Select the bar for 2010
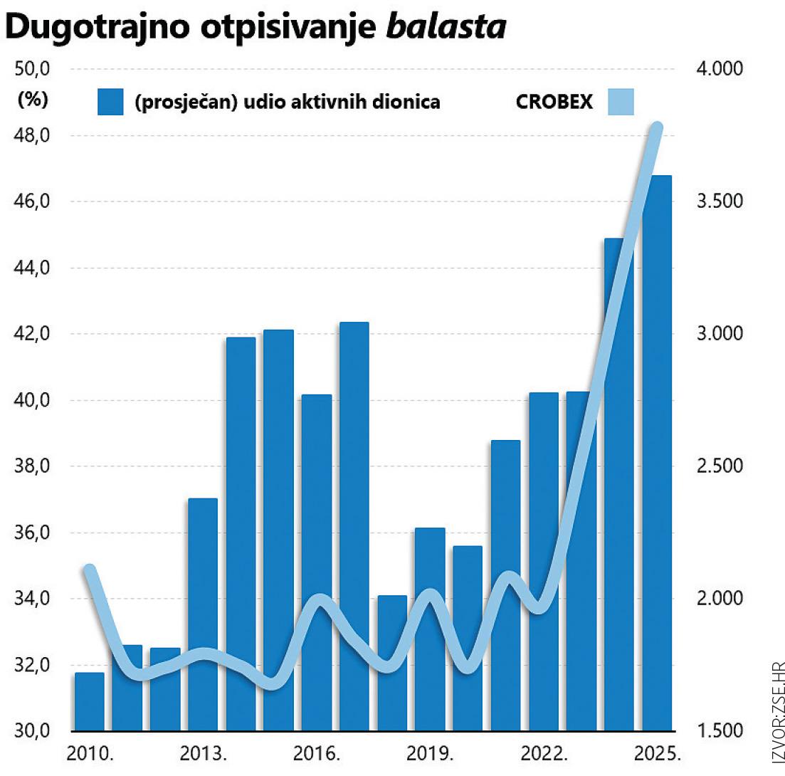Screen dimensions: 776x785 (90, 701)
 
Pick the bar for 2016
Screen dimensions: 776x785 (317, 562)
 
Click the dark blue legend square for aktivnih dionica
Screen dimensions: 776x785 (110, 102)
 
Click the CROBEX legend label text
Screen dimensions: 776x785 (554, 103)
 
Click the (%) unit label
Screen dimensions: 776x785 (32, 100)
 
